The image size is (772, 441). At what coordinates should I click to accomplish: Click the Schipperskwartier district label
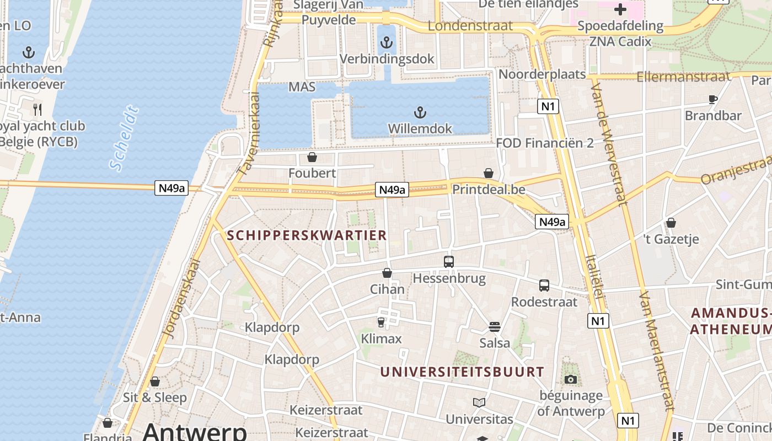pyautogui.click(x=307, y=235)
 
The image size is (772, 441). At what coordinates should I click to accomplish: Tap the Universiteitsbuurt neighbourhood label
pyautogui.click(x=462, y=372)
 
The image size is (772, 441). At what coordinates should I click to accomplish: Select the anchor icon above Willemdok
pyautogui.click(x=420, y=113)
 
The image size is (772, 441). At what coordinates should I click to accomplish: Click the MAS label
pyautogui.click(x=302, y=87)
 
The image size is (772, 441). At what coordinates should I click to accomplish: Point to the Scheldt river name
pyautogui.click(x=124, y=138)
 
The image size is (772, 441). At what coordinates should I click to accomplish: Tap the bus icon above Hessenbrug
pyautogui.click(x=449, y=262)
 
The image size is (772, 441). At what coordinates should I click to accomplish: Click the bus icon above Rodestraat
pyautogui.click(x=544, y=286)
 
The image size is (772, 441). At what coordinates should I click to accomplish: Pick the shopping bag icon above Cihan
pyautogui.click(x=387, y=273)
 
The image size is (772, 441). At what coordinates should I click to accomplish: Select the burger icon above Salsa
pyautogui.click(x=495, y=326)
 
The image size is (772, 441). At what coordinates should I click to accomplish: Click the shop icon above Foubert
pyautogui.click(x=312, y=158)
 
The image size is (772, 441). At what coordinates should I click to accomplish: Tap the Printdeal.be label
pyautogui.click(x=489, y=190)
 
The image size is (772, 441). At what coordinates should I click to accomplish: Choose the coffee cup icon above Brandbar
pyautogui.click(x=712, y=100)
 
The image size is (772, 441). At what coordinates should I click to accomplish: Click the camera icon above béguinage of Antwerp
pyautogui.click(x=571, y=379)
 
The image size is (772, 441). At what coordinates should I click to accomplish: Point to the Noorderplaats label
pyautogui.click(x=542, y=74)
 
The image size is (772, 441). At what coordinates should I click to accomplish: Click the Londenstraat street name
pyautogui.click(x=470, y=26)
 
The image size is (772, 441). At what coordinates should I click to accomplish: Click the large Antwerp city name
pyautogui.click(x=195, y=431)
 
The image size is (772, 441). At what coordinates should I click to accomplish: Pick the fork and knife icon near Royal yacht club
pyautogui.click(x=37, y=109)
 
